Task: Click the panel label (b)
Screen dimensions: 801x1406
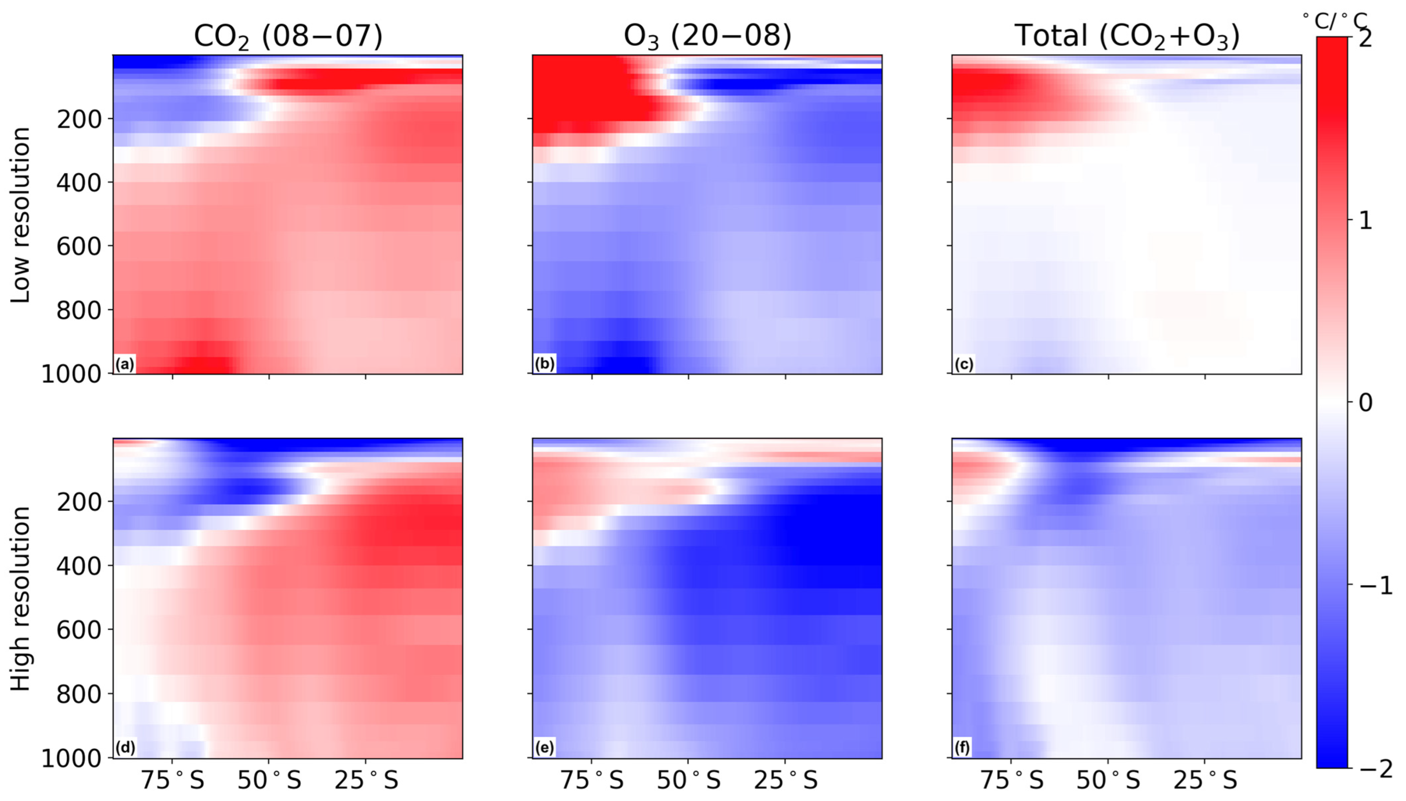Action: tap(545, 364)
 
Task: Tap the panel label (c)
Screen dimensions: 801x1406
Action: tap(964, 364)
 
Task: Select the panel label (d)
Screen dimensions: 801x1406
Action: tap(125, 748)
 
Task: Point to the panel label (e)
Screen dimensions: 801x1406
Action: tap(545, 748)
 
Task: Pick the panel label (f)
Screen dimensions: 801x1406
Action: tap(963, 748)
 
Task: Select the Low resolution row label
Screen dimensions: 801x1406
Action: tap(20, 215)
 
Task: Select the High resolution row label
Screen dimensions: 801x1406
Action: tap(20, 599)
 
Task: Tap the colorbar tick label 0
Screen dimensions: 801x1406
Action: tap(1365, 403)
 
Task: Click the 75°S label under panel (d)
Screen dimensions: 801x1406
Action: tap(173, 780)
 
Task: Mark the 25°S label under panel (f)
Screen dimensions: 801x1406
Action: tap(1205, 780)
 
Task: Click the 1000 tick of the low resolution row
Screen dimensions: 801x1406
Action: tap(71, 374)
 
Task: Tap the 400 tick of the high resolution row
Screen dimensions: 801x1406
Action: tap(79, 566)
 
